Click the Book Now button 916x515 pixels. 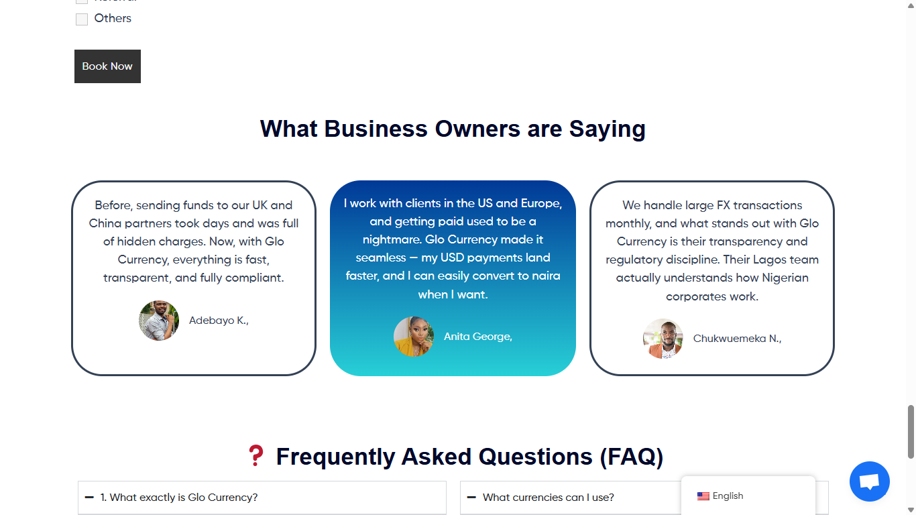coord(107,66)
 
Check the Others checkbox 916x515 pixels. coord(82,19)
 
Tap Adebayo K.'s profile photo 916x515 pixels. coord(159,321)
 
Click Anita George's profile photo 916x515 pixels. coord(414,336)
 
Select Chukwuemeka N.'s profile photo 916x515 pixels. coord(663,339)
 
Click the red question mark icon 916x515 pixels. coord(256,455)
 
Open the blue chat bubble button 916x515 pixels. coord(869,481)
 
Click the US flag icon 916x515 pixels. coord(703,496)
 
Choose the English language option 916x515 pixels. coord(728,496)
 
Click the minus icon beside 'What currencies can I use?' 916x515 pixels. coord(471,498)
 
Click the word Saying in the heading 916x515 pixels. coord(608,129)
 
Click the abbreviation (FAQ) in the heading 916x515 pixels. coord(632,457)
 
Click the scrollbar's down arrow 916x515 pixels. coord(911,510)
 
